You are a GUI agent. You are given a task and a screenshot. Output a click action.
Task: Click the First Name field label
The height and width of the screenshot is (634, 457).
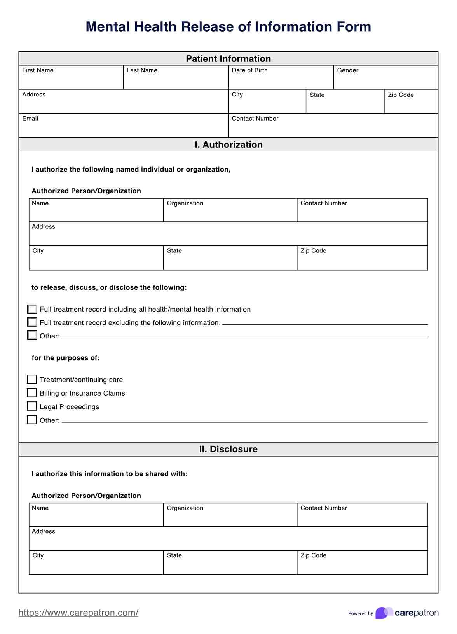pyautogui.click(x=38, y=70)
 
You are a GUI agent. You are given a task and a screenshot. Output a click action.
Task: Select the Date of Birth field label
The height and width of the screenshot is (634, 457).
pyautogui.click(x=249, y=70)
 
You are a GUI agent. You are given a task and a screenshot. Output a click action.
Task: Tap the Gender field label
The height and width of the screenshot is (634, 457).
pyautogui.click(x=347, y=70)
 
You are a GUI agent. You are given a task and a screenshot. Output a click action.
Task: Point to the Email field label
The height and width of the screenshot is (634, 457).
pyautogui.click(x=30, y=119)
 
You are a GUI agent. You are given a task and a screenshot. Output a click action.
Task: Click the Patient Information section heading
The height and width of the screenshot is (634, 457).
pyautogui.click(x=228, y=59)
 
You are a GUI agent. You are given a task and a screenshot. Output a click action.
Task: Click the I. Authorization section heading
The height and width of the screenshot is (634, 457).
pyautogui.click(x=228, y=145)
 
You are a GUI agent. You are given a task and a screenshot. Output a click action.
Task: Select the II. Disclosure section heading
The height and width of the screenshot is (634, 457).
pyautogui.click(x=228, y=449)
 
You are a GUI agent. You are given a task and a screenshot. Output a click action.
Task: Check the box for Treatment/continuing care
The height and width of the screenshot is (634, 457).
pyautogui.click(x=32, y=379)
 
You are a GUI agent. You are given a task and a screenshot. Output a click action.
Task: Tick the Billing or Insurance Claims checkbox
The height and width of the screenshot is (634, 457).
pyautogui.click(x=32, y=393)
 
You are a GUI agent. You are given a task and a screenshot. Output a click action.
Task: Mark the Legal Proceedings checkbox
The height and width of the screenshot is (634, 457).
pyautogui.click(x=32, y=406)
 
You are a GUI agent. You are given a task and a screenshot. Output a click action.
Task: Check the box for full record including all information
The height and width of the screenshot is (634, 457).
pyautogui.click(x=32, y=309)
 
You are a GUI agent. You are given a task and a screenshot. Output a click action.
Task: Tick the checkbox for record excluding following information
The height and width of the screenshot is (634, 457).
pyautogui.click(x=32, y=322)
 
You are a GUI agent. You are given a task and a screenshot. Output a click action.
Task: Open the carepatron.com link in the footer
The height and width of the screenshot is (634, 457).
pyautogui.click(x=78, y=613)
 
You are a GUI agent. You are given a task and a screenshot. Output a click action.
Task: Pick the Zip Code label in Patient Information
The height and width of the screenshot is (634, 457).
pyautogui.click(x=401, y=95)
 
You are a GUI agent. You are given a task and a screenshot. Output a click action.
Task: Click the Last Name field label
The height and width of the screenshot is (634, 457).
pyautogui.click(x=142, y=70)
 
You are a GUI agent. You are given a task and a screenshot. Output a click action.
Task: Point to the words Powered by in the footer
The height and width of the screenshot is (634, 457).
pyautogui.click(x=360, y=614)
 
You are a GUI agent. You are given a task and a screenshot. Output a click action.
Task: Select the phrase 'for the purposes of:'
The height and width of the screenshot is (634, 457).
pyautogui.click(x=66, y=358)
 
